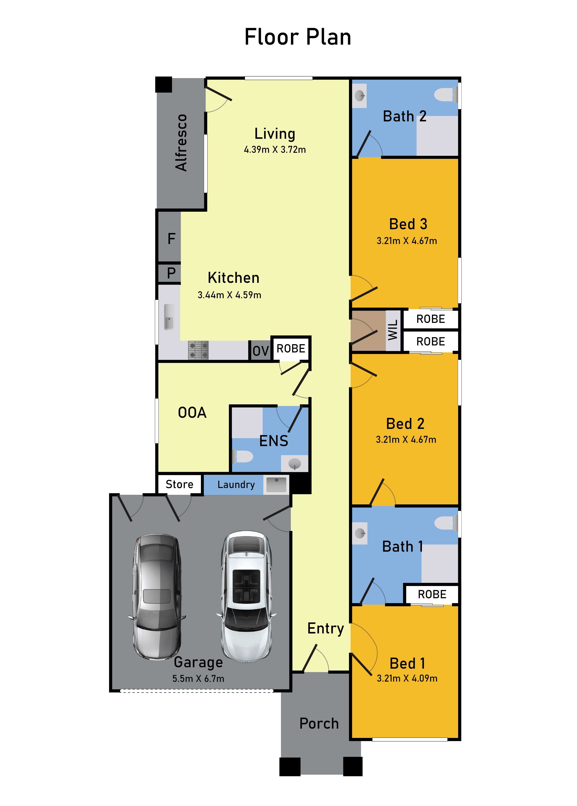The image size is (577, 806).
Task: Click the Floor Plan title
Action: (298, 37)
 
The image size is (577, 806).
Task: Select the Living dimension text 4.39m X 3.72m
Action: (275, 150)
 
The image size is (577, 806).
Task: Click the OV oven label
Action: (260, 351)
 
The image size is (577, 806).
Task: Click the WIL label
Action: (393, 330)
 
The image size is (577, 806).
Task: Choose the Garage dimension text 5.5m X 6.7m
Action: (198, 679)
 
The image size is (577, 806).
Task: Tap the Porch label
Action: (319, 724)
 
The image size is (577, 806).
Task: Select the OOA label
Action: (192, 413)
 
